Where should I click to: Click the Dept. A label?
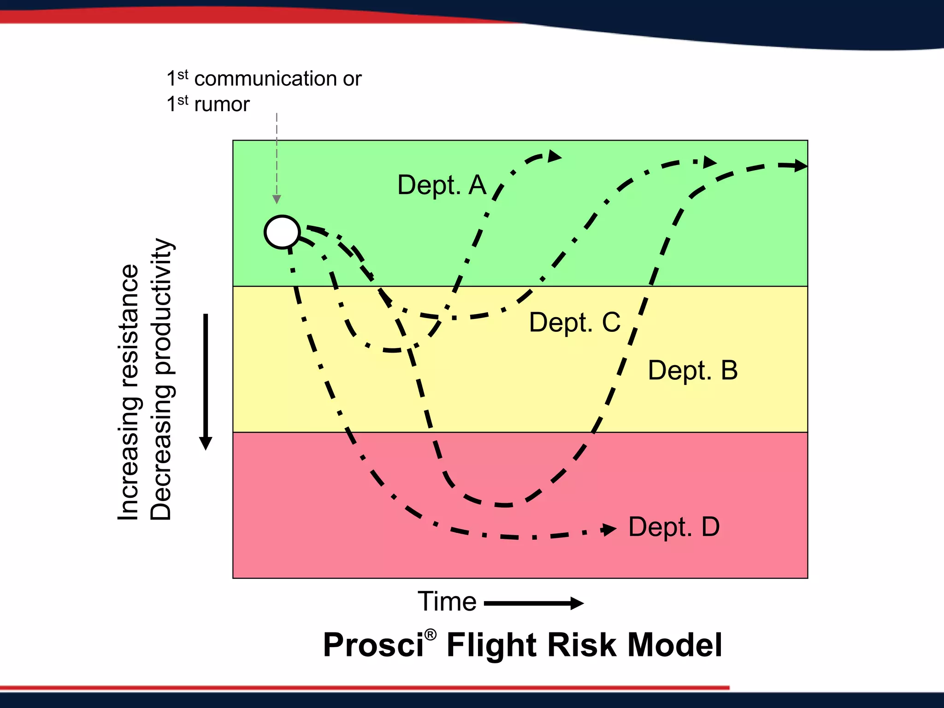(442, 185)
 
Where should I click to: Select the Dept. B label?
(692, 371)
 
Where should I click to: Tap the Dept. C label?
(574, 322)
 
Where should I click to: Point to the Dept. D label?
(673, 527)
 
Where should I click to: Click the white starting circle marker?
(282, 232)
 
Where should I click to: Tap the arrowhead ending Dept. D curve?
(609, 530)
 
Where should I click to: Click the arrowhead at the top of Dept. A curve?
(555, 156)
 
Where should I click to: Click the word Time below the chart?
(447, 602)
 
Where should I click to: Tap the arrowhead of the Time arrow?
(577, 603)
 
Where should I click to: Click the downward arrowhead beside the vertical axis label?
(206, 443)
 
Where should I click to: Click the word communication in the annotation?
(265, 79)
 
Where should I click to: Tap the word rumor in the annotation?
(222, 105)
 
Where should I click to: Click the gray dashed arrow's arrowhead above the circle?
(277, 199)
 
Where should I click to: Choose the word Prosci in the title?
(373, 645)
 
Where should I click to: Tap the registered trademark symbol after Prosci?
(430, 635)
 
